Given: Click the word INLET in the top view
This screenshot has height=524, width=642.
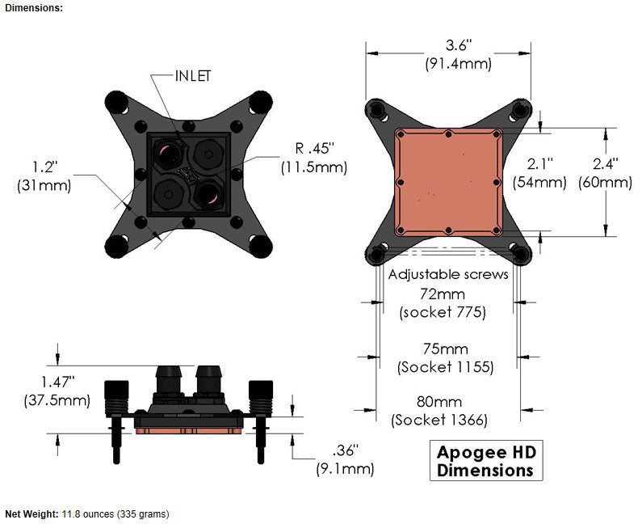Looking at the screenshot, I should tap(193, 76).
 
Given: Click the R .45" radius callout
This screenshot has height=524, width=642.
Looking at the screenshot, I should tap(313, 150).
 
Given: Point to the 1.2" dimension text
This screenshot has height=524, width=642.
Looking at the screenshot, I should tap(44, 167).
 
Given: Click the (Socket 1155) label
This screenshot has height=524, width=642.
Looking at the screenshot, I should tap(446, 366).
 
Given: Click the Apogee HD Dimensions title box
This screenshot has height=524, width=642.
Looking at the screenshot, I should tap(485, 461).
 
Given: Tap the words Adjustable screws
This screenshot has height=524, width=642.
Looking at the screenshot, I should tap(448, 275).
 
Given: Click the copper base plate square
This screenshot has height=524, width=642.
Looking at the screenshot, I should tap(448, 182).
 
